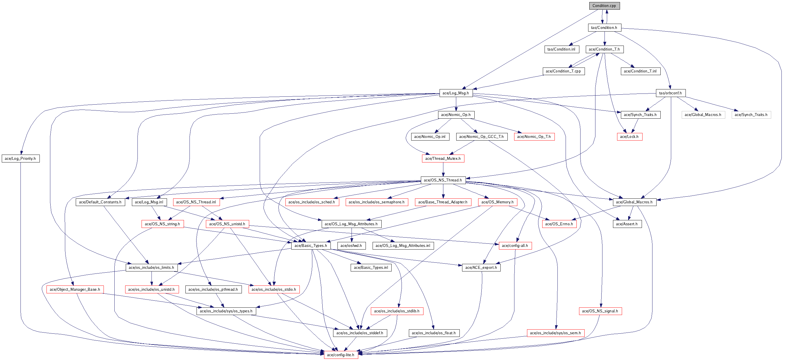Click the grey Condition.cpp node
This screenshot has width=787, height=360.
click(x=604, y=6)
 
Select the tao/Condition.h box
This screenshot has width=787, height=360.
click(x=604, y=27)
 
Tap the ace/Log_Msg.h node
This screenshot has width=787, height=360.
click(x=456, y=93)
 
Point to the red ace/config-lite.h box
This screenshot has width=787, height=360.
click(x=341, y=355)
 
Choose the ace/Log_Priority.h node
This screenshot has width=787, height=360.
click(x=21, y=158)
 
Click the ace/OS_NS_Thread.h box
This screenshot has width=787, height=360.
click(x=443, y=180)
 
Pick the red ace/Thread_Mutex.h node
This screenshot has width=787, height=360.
click(x=443, y=158)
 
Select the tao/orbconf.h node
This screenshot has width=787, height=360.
click(x=671, y=93)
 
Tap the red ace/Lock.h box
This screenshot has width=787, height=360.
click(x=629, y=136)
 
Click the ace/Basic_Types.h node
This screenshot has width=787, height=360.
click(x=311, y=245)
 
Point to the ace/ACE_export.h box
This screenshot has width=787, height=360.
click(x=481, y=267)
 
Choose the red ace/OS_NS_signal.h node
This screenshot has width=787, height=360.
click(x=600, y=311)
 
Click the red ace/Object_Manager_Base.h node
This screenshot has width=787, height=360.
click(x=75, y=289)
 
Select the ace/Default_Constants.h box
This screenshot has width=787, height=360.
click(x=101, y=202)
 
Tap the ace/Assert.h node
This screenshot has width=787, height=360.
click(x=627, y=224)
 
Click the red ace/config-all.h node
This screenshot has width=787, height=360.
click(x=515, y=245)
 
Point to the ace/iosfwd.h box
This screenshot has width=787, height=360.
click(x=351, y=245)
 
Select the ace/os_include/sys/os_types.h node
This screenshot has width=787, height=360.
click(x=226, y=311)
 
